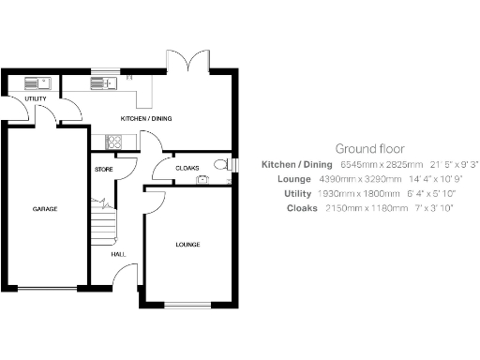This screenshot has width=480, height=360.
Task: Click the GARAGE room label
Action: pos(45,209)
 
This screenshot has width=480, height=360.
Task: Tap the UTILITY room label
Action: pos(36,98)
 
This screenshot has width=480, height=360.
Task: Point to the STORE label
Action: pos(103,169)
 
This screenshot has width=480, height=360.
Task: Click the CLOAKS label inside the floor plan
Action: pos(187,169)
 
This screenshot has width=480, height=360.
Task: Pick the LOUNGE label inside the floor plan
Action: pos(187,245)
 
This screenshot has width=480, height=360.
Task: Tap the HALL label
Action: pos(118,253)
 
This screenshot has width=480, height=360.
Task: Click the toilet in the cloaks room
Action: pos(221,165)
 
